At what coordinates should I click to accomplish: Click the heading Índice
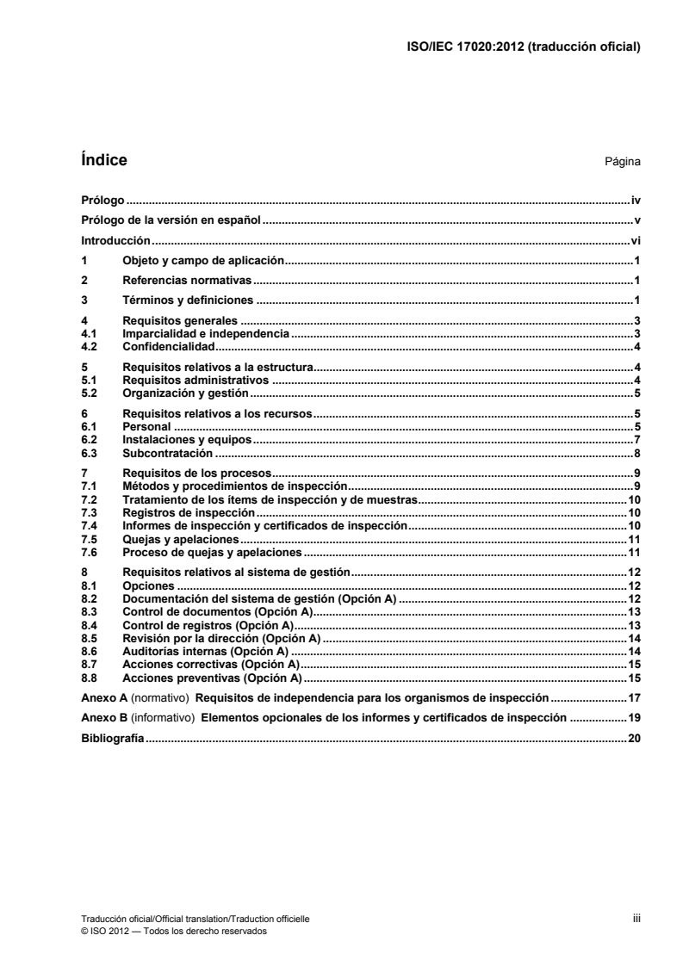(103, 160)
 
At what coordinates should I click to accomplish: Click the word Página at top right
(623, 162)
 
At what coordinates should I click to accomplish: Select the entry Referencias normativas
(186, 281)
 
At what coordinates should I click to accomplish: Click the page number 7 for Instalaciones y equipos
(637, 440)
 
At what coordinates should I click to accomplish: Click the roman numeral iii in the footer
(636, 920)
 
